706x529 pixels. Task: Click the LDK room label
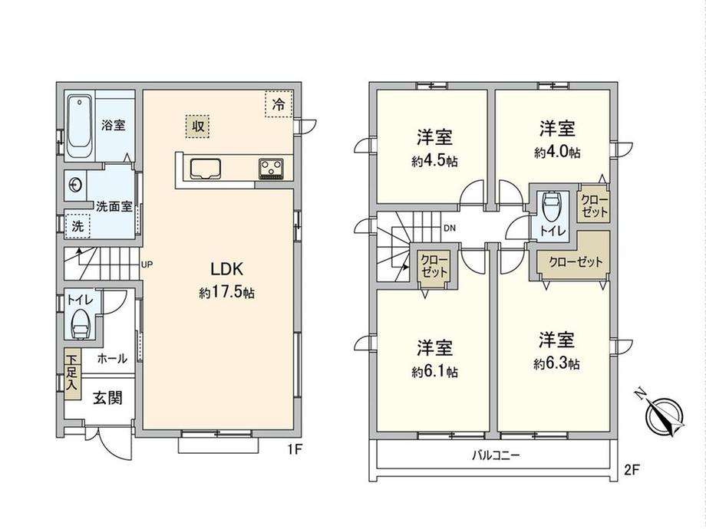click(227, 269)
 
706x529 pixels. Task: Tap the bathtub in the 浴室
click(80, 126)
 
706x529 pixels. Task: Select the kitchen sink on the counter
click(206, 169)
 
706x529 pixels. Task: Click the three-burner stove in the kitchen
click(271, 169)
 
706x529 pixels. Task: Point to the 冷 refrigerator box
click(279, 104)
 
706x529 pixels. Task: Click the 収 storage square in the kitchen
click(198, 126)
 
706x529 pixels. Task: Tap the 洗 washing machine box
click(78, 226)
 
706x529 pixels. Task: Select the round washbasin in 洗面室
click(75, 185)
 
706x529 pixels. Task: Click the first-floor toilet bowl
click(81, 324)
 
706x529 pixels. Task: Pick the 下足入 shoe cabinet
click(72, 374)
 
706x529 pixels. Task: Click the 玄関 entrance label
click(107, 398)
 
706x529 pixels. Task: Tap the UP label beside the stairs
click(147, 264)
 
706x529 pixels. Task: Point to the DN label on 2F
click(450, 228)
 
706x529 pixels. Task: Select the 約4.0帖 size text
click(557, 153)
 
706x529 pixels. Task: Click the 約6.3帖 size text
click(556, 363)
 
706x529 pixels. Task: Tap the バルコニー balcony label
click(496, 455)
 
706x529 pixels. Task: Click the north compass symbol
click(663, 413)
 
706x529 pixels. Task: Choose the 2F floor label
click(632, 470)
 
